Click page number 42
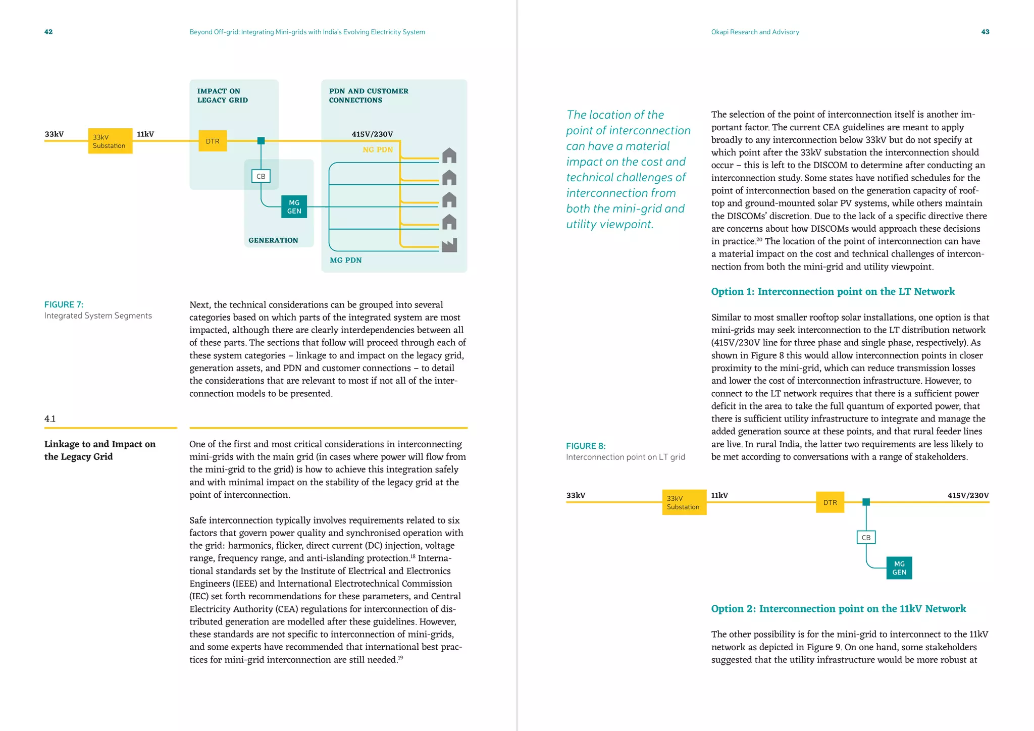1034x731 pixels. pyautogui.click(x=48, y=32)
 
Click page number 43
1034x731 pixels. pyautogui.click(x=985, y=32)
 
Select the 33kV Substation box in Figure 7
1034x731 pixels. pyautogui.click(x=110, y=141)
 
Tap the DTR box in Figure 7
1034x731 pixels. pyautogui.click(x=213, y=141)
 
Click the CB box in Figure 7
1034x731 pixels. pyautogui.click(x=261, y=176)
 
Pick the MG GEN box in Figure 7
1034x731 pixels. pyautogui.click(x=294, y=207)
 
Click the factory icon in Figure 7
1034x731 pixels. pyautogui.click(x=449, y=245)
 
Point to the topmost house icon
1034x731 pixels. pyautogui.click(x=449, y=156)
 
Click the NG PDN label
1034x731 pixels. pyautogui.click(x=377, y=150)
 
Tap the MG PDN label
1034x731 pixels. pyautogui.click(x=345, y=260)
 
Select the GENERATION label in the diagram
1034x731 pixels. pyautogui.click(x=273, y=240)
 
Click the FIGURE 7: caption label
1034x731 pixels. pyautogui.click(x=64, y=304)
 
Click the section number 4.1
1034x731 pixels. pyautogui.click(x=50, y=419)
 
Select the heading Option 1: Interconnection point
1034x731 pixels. pyautogui.click(x=833, y=292)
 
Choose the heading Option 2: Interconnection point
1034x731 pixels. pyautogui.click(x=838, y=609)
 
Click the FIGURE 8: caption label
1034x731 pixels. pyautogui.click(x=586, y=446)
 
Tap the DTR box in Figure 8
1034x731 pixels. pyautogui.click(x=830, y=503)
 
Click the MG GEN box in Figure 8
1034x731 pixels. pyautogui.click(x=899, y=568)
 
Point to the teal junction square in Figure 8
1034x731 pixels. pyautogui.click(x=866, y=502)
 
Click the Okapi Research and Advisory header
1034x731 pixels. pyautogui.click(x=755, y=32)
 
